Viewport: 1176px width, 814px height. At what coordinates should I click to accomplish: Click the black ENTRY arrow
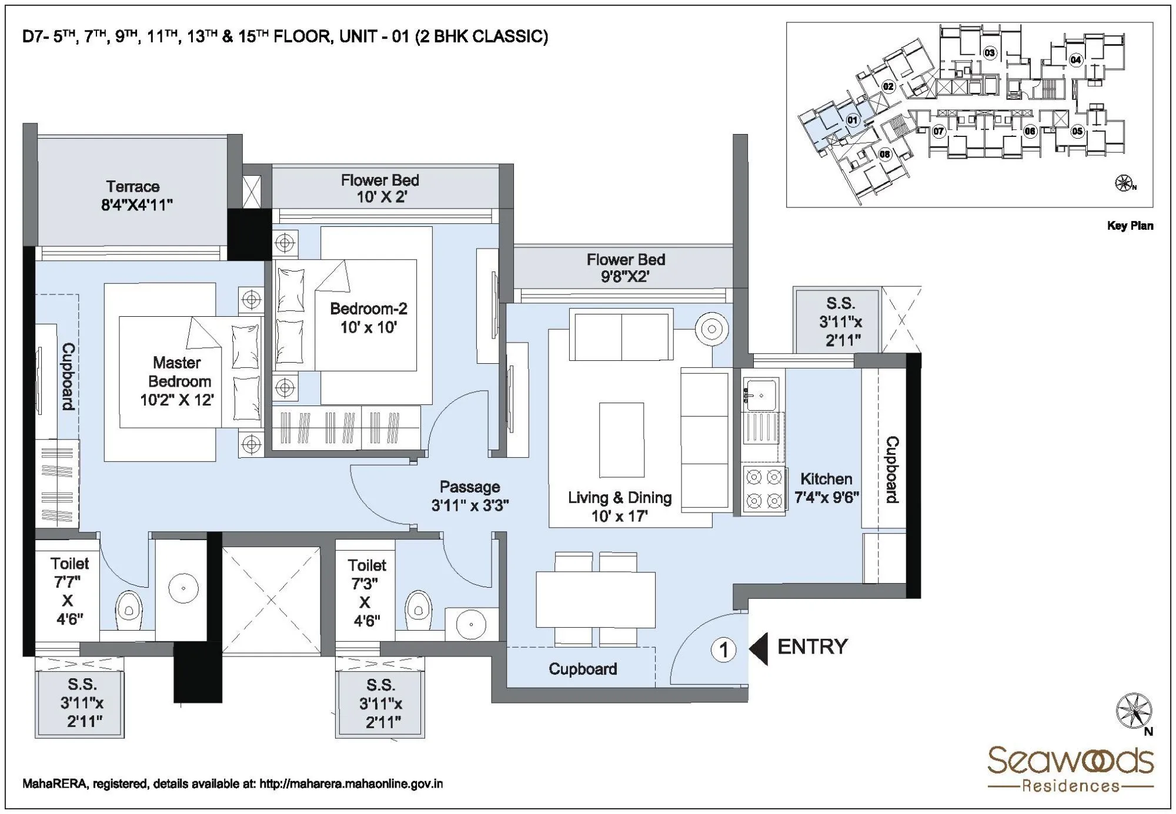click(x=759, y=649)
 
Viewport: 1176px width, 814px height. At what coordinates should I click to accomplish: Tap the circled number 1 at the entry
click(x=723, y=649)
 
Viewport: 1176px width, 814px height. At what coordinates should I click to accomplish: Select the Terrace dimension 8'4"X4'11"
click(x=136, y=205)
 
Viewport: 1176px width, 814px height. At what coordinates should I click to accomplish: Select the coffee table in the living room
click(x=621, y=440)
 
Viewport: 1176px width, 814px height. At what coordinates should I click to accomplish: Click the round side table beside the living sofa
click(x=711, y=329)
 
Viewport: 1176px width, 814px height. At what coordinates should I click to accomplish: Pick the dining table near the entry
click(x=595, y=599)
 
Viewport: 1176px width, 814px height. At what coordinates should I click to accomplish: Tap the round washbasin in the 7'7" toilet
click(x=183, y=588)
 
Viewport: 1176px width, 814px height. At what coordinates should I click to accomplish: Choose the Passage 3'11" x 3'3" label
click(x=470, y=496)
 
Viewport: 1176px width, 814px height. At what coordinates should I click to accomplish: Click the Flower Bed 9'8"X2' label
click(x=626, y=267)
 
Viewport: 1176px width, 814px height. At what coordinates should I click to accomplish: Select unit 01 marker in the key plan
click(x=852, y=120)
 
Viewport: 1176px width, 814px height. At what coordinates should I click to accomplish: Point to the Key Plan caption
click(x=1130, y=226)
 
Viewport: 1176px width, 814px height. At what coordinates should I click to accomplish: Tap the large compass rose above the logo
click(x=1133, y=711)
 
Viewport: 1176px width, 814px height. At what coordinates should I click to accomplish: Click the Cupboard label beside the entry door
click(x=583, y=669)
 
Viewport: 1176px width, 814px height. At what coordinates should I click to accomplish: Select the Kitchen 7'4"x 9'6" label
click(x=826, y=488)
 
